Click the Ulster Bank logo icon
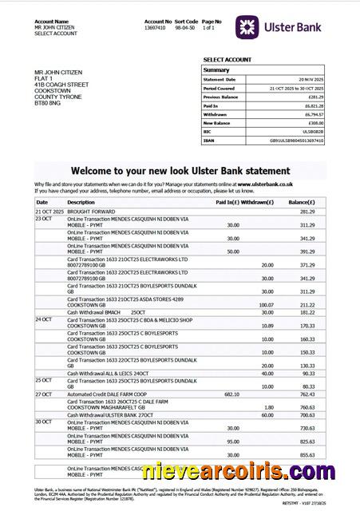click(249, 27)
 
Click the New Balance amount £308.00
click(315, 123)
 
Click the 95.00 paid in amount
click(233, 441)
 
